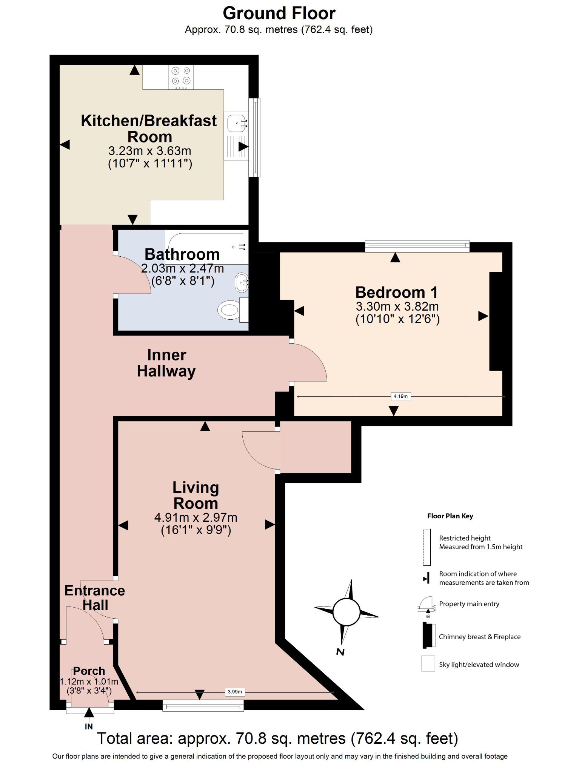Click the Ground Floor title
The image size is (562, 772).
point(279,14)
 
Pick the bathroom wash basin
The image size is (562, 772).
point(242,282)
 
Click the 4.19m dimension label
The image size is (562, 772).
point(400,396)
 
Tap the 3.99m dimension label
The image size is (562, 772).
point(235,692)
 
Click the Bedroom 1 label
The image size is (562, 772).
point(396,293)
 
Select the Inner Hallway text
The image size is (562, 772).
point(166,363)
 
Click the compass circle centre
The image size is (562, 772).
point(346,612)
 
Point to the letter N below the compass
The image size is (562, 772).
point(340,652)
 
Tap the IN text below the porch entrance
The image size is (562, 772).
point(89,726)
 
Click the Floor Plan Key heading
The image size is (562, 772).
point(450,516)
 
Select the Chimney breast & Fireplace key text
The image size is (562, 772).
point(479,637)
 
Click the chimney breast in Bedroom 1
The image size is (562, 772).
point(496,321)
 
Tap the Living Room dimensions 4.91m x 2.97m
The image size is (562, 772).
point(196,518)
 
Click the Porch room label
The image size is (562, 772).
point(89,671)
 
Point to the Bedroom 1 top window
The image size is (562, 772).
point(417,246)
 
